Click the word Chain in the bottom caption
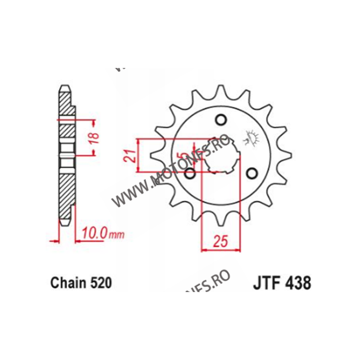pyautogui.click(x=66, y=283)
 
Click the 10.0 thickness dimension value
pyautogui.click(x=94, y=234)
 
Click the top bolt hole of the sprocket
pyautogui.click(x=220, y=120)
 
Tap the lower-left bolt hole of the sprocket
pyautogui.click(x=190, y=173)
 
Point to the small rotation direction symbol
pyautogui.click(x=251, y=137)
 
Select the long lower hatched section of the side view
pyautogui.click(x=66, y=189)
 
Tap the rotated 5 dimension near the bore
pyautogui.click(x=180, y=157)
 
